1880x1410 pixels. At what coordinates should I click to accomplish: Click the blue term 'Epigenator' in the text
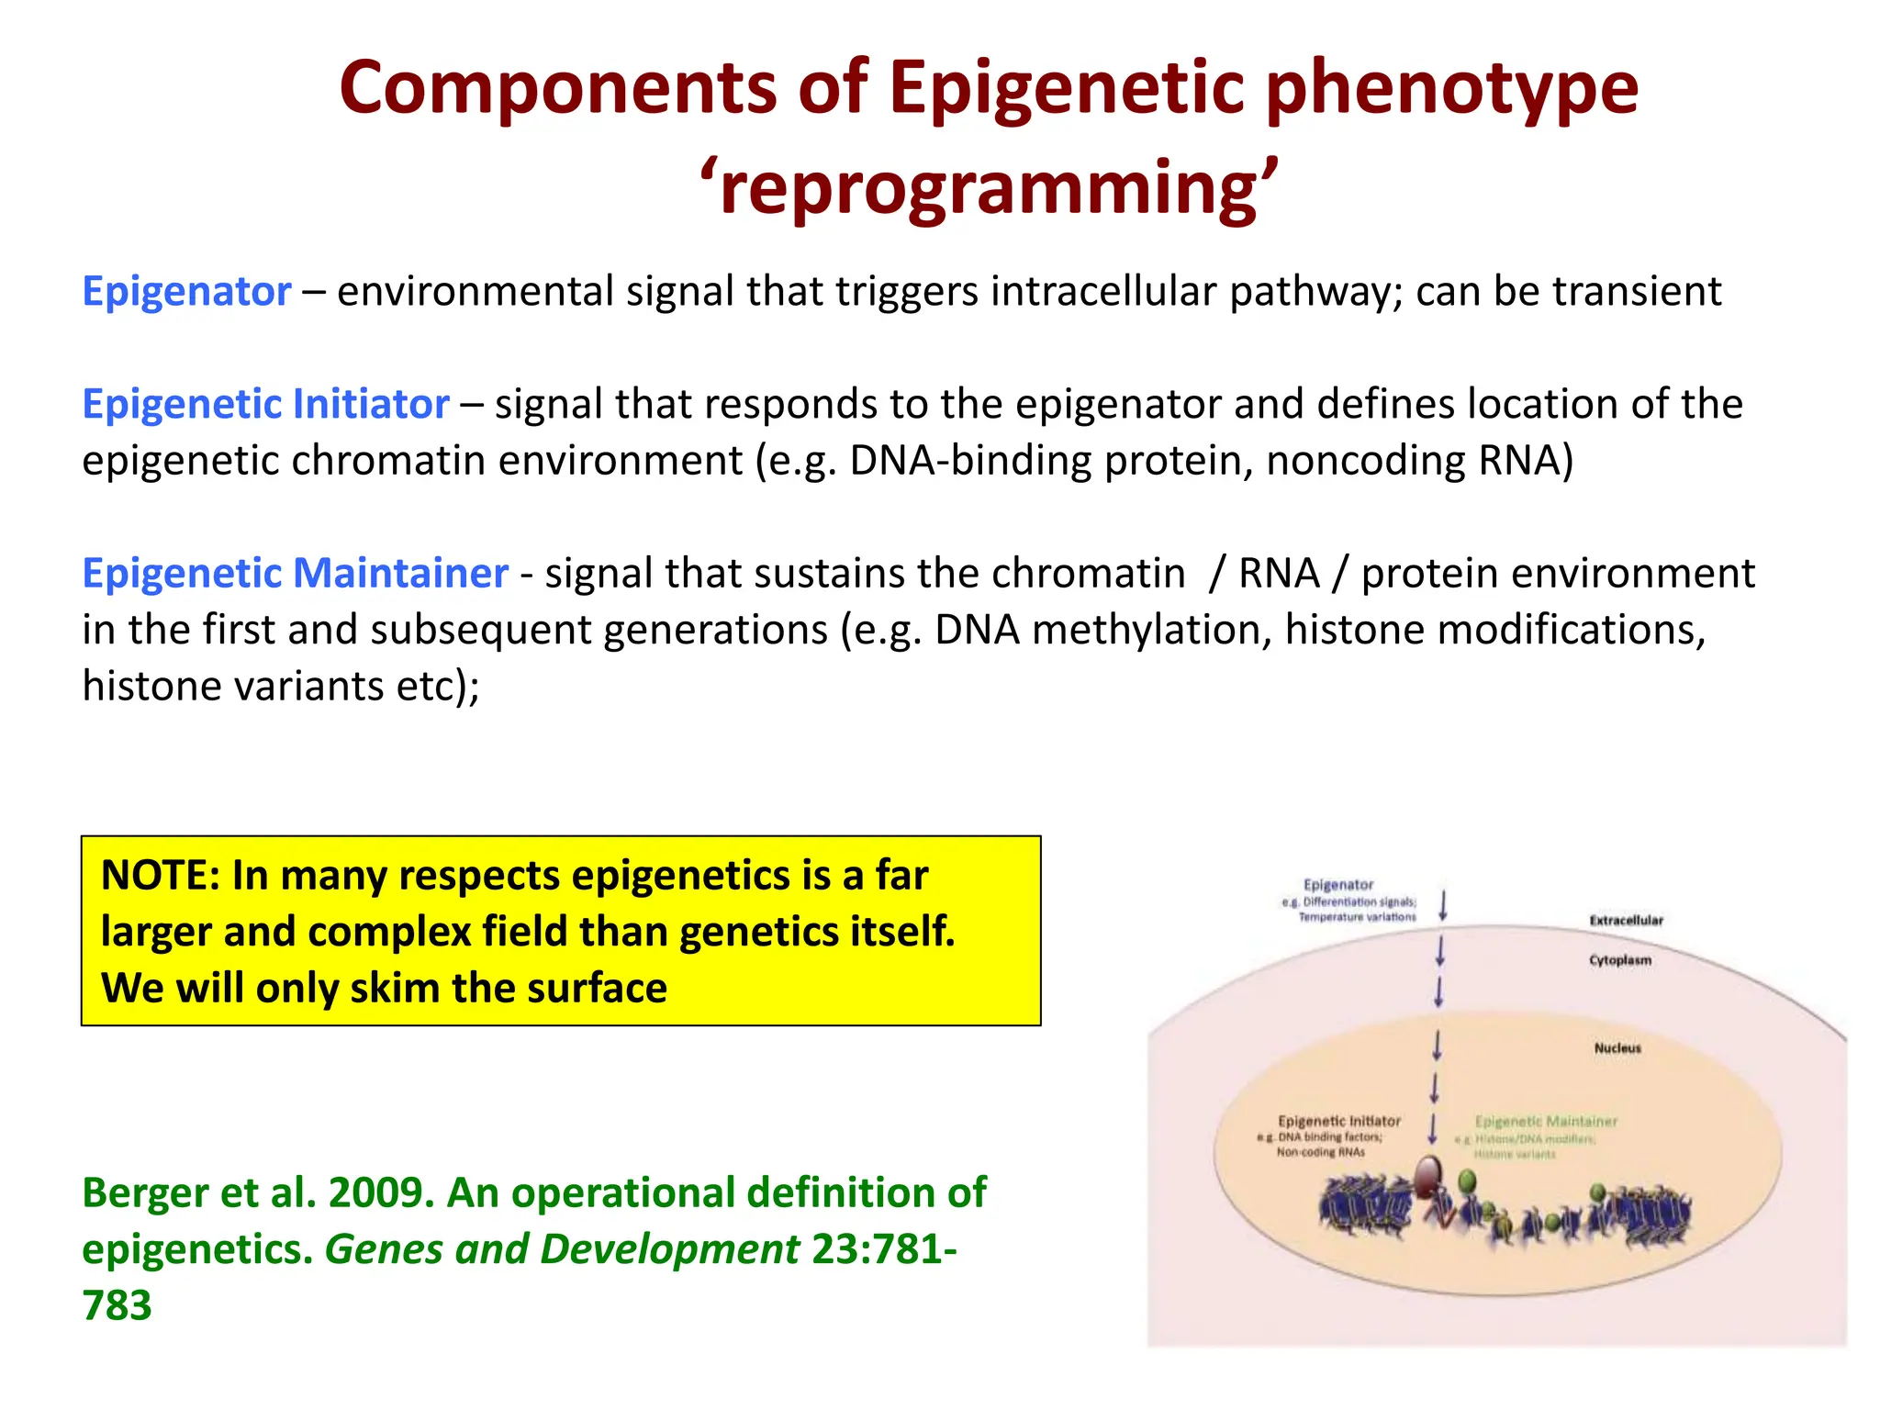187,292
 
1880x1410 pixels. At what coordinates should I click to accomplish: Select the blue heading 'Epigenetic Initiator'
265,405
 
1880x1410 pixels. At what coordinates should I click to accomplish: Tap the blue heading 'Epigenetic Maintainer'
295,574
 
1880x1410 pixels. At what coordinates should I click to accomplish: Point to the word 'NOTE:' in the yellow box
160,875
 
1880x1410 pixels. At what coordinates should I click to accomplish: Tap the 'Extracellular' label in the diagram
1626,920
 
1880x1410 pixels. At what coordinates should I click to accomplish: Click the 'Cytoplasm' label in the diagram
1620,960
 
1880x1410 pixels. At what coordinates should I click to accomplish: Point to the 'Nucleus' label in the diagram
1617,1047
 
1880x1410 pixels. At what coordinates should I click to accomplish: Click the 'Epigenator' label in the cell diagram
1338,885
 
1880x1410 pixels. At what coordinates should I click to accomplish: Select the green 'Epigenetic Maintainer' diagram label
1546,1121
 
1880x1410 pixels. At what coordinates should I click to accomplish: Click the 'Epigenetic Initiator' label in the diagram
1339,1121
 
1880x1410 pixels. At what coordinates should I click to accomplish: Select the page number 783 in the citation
117,1305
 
